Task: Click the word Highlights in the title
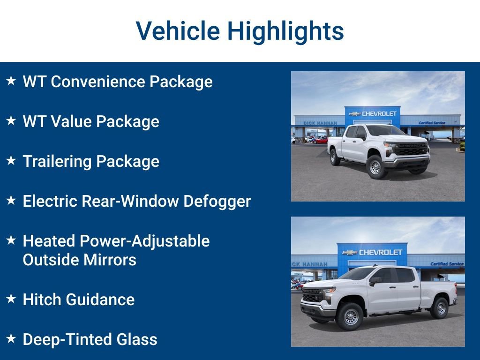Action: (x=285, y=31)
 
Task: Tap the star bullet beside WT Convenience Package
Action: (x=11, y=81)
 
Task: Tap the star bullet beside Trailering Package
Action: (x=11, y=161)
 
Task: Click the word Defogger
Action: (x=217, y=201)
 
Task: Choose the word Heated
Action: (x=49, y=241)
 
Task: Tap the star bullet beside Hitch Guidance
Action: (x=11, y=299)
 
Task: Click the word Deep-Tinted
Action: (x=61, y=339)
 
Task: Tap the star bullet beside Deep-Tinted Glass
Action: (x=11, y=339)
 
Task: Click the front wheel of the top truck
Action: (x=375, y=166)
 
